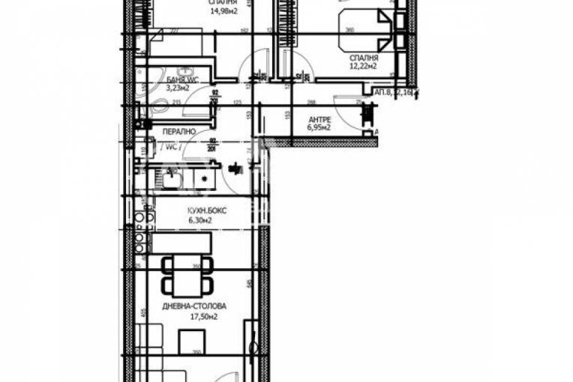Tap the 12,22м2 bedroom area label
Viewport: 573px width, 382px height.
[x=363, y=67]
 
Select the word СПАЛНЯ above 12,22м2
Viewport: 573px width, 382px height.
[x=363, y=58]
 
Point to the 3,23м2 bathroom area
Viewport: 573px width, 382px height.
[x=177, y=88]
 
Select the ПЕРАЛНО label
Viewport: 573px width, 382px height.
[x=179, y=132]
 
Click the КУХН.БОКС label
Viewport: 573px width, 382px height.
[x=207, y=211]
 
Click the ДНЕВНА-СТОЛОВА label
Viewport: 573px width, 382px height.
[x=194, y=306]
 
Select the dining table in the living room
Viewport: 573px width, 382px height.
[x=187, y=276]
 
